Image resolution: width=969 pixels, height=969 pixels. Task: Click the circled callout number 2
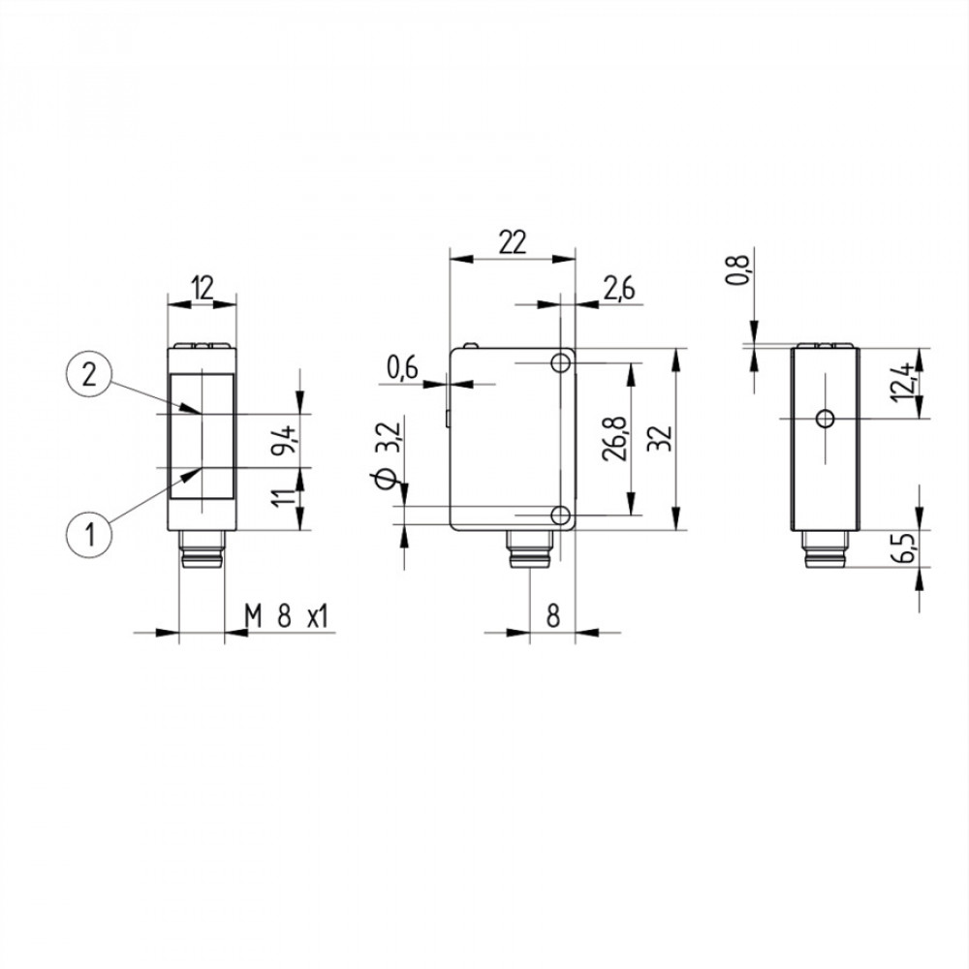coord(89,374)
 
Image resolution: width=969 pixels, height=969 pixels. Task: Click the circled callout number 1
coord(89,533)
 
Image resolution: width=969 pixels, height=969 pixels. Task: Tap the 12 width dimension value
coord(203,288)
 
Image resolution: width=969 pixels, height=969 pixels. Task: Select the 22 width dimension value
coord(513,242)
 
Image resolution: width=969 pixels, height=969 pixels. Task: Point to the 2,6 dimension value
coord(618,289)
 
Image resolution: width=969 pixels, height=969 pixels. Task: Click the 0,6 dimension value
coord(402,367)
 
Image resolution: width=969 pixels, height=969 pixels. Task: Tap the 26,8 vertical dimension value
coord(615,438)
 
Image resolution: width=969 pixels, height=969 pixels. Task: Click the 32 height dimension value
coord(661,438)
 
